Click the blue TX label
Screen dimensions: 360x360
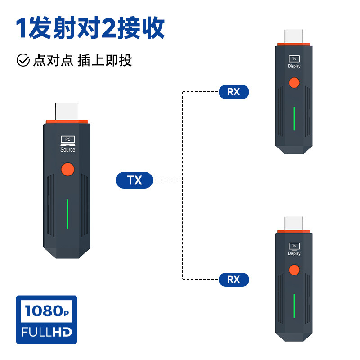[134, 180]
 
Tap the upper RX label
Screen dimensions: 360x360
[234, 92]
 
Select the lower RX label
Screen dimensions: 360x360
[234, 279]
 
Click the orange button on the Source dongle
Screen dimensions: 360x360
[68, 170]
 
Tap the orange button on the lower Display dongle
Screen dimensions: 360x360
[294, 270]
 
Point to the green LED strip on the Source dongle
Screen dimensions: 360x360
[68, 214]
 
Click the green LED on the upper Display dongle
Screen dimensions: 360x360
[294, 119]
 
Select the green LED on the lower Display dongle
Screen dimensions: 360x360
[294, 306]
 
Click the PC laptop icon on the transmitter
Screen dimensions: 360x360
[68, 141]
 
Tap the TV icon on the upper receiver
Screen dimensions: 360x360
[294, 59]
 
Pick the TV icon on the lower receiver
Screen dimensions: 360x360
[294, 246]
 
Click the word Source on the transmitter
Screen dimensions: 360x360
[68, 150]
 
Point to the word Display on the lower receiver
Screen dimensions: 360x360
[294, 253]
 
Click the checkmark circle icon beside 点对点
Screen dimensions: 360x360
[23, 60]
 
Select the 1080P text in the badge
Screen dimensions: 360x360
[47, 311]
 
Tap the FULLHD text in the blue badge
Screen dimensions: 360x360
[47, 332]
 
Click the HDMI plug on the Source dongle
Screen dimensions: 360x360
[67, 112]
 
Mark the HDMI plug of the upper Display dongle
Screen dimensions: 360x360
[294, 36]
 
